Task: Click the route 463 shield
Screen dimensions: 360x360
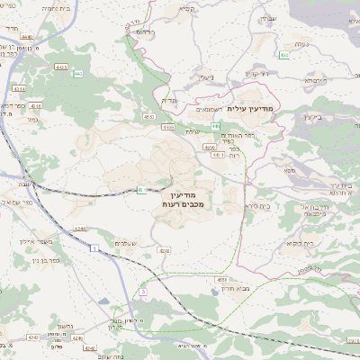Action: [x=284, y=55]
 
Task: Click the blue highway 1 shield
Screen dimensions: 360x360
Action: [x=93, y=259]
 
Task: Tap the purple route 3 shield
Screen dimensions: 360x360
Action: [x=142, y=292]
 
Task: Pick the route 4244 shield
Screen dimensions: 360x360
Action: [x=81, y=229]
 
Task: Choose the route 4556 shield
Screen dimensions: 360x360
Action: [x=222, y=279]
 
